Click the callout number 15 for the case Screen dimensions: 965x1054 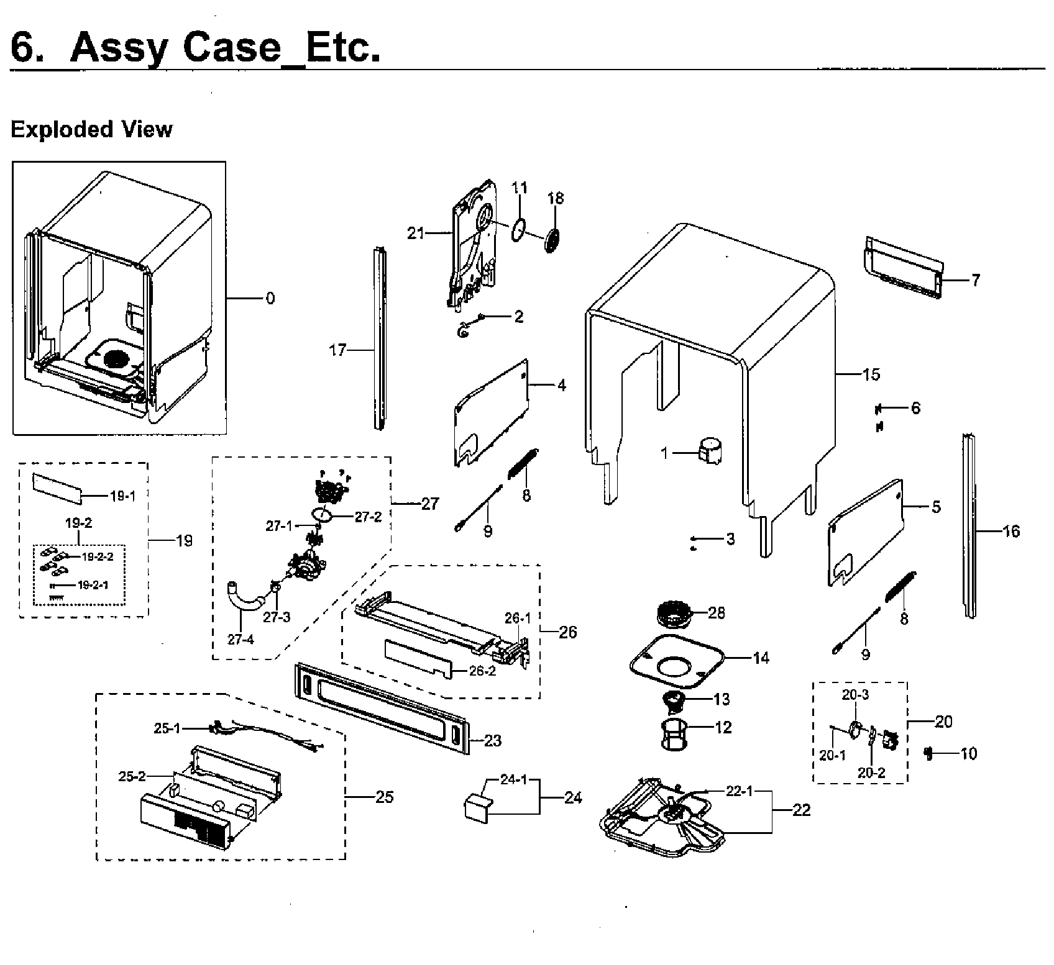coord(871,374)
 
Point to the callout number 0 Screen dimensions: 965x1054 coord(270,299)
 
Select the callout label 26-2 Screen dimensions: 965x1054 coord(482,671)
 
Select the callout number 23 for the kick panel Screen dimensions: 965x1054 coord(492,740)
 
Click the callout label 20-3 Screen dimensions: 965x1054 coord(855,695)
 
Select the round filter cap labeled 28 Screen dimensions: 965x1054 coord(676,615)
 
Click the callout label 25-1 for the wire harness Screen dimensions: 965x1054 coord(168,728)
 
